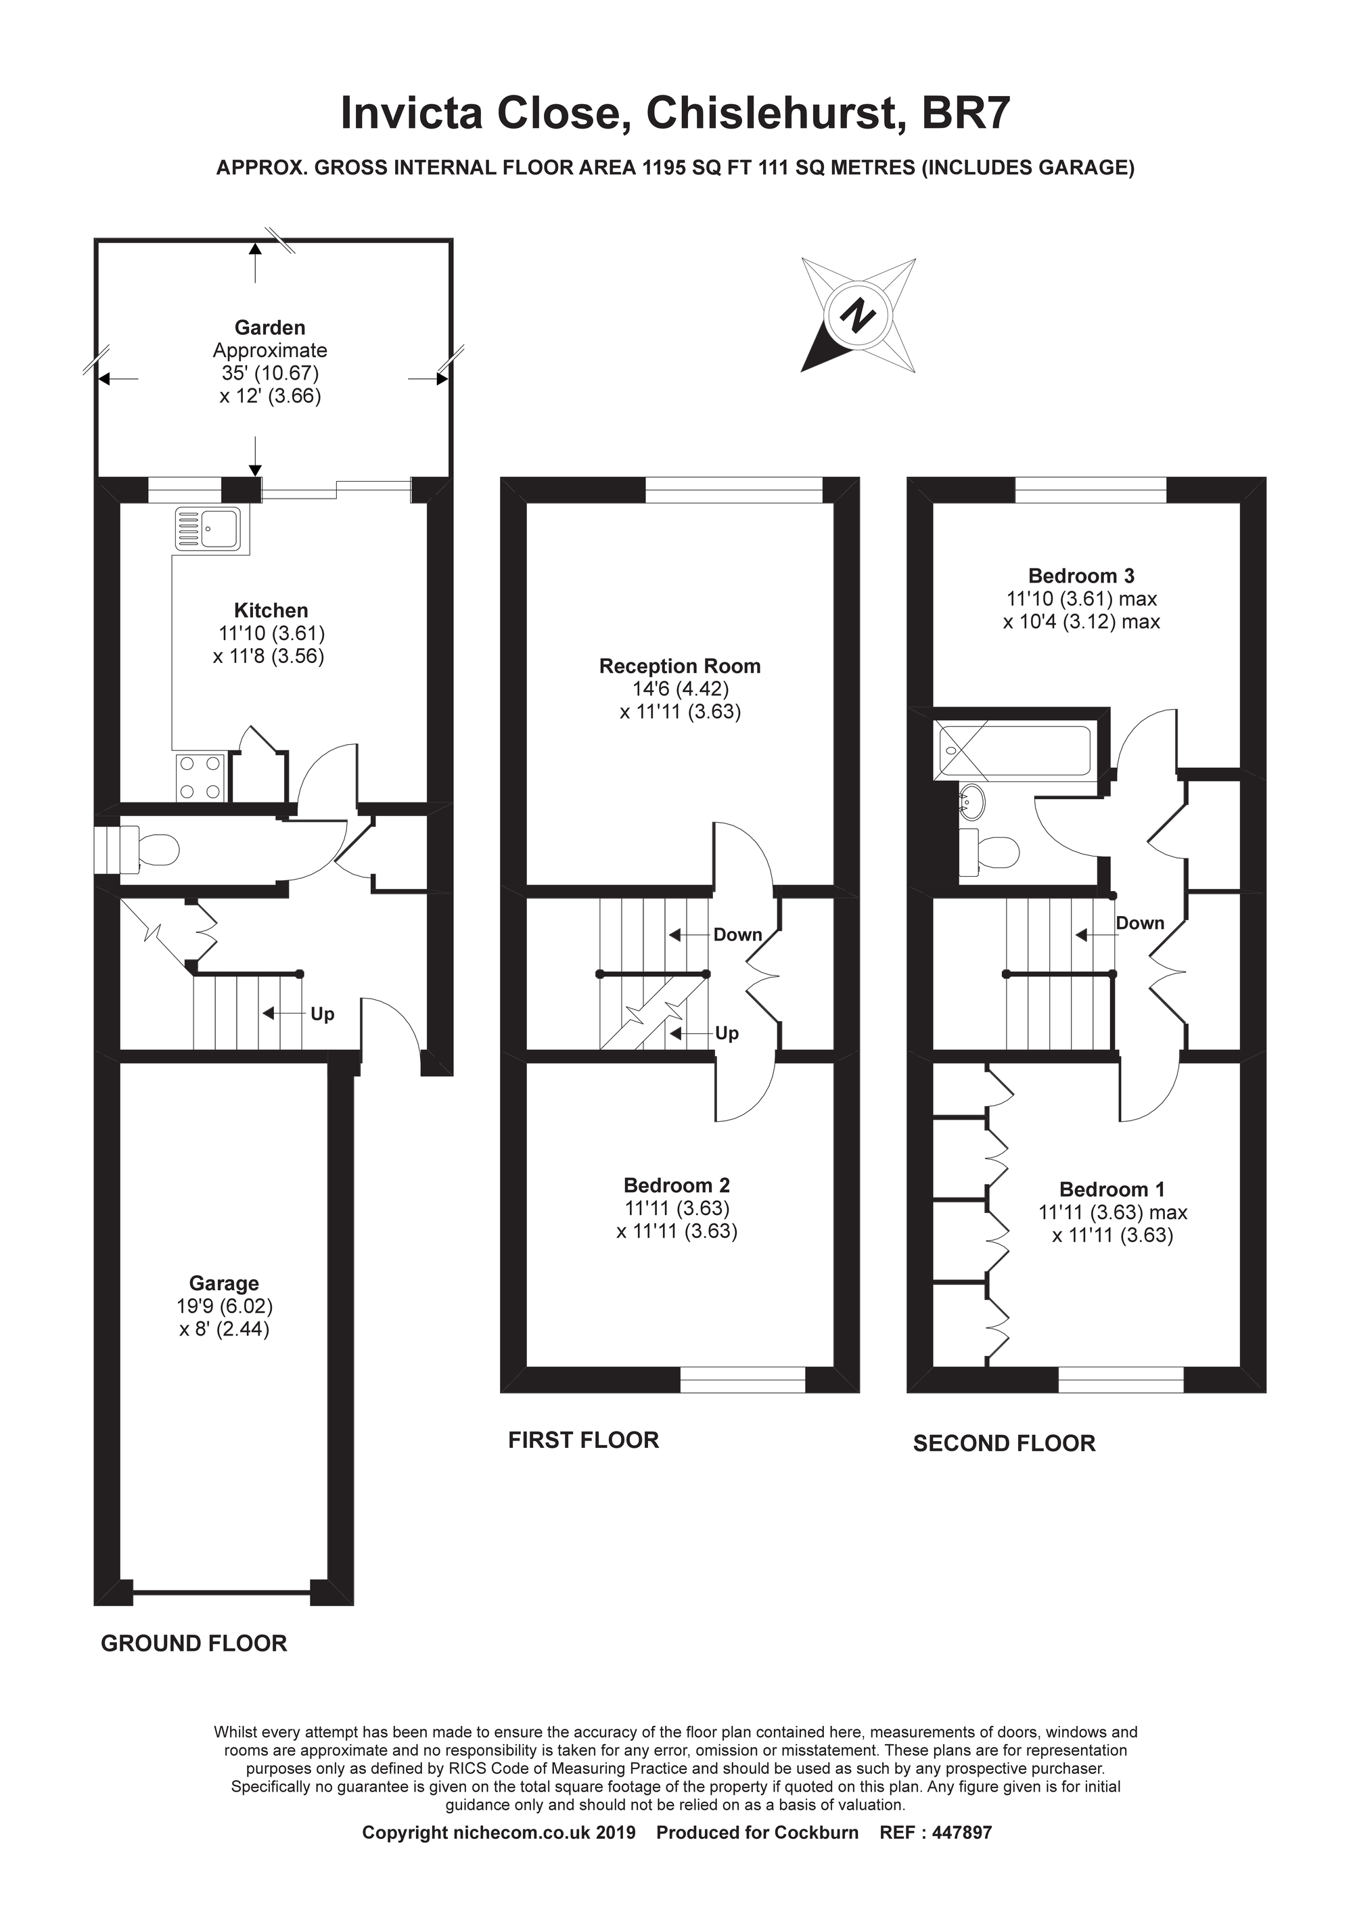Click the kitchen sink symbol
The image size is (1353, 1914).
(x=212, y=529)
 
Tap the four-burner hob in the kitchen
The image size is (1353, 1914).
(x=201, y=776)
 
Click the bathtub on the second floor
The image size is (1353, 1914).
(x=1015, y=751)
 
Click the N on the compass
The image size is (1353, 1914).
(x=858, y=317)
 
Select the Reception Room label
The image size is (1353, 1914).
(x=679, y=666)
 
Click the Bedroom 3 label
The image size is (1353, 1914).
(x=1080, y=575)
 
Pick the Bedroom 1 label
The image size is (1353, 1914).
(x=1111, y=1189)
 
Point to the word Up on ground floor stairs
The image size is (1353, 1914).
(x=322, y=1013)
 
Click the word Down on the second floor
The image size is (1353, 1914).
(x=1140, y=923)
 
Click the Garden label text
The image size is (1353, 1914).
(x=269, y=327)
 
